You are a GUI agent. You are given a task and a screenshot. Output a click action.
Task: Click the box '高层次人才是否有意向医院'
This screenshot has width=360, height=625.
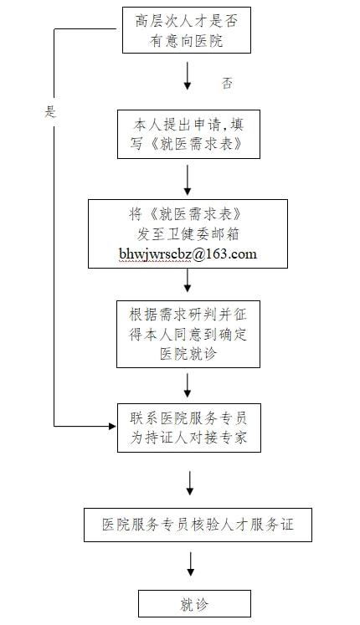coord(186,30)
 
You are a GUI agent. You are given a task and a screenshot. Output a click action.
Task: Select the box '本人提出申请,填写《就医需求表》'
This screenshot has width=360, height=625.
coord(188,135)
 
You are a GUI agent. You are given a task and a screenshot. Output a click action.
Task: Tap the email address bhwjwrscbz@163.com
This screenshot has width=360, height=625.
coord(188,254)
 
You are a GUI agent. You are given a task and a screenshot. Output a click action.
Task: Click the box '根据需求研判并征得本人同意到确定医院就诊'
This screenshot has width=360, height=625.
coord(188,334)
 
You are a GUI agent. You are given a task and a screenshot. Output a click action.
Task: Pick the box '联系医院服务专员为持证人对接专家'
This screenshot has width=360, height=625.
coord(189,428)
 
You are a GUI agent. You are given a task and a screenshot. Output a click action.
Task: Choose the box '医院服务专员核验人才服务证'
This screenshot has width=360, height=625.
coord(198,525)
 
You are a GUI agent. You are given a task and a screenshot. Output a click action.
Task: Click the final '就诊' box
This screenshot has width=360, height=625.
coord(194,603)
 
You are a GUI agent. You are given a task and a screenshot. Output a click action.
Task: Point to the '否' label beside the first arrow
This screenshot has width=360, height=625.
coord(227,84)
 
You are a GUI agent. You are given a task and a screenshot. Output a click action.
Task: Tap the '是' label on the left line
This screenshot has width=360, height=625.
coord(50,111)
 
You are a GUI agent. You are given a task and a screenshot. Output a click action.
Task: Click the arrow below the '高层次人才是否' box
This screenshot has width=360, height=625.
coord(188,75)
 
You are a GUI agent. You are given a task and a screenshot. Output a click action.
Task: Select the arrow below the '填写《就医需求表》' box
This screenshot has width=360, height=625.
coord(188,180)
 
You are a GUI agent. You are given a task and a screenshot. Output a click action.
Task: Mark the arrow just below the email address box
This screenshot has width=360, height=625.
coord(188,280)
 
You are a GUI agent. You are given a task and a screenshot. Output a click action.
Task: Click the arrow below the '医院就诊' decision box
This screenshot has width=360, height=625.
coord(188,386)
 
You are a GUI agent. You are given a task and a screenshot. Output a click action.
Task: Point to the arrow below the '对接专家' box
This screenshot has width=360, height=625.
coord(190,483)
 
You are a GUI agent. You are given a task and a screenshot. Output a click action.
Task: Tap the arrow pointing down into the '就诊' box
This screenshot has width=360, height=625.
coord(191,564)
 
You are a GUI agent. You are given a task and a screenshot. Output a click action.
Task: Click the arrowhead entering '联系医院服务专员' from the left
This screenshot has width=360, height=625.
coord(112,426)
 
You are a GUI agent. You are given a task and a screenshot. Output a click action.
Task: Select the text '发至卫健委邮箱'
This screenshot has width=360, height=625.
coord(188,234)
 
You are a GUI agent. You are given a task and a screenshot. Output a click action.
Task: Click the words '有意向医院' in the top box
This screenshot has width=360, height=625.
coord(186,41)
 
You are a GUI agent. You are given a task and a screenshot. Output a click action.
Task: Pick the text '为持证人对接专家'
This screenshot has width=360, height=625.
coord(189,438)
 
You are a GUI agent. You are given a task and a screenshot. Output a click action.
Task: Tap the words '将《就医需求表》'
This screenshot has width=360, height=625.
coord(185,215)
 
